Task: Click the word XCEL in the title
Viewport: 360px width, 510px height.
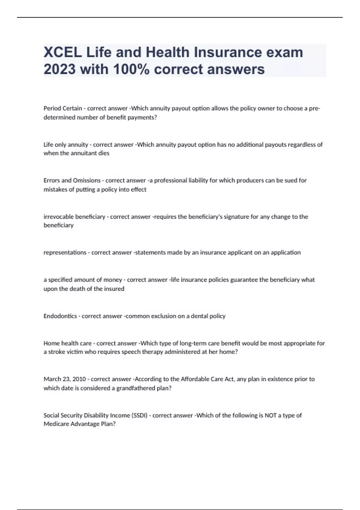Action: [62, 52]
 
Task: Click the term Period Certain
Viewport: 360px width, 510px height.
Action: [63, 108]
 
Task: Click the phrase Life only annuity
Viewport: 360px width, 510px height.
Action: [66, 145]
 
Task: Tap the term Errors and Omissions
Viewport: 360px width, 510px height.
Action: [72, 180]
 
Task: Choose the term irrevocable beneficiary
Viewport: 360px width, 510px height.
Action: [74, 217]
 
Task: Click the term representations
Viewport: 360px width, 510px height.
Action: [64, 253]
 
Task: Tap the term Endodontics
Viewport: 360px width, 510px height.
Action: [60, 316]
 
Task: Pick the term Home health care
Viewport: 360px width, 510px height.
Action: [67, 343]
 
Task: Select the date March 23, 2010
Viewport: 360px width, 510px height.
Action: [64, 379]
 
